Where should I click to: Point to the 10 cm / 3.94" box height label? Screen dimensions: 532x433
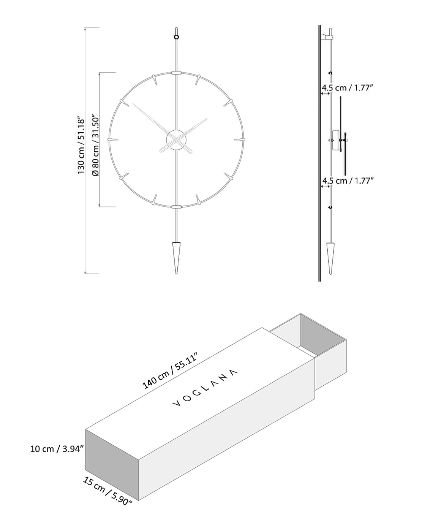click(57, 449)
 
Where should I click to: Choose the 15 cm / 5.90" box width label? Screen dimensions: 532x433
click(107, 491)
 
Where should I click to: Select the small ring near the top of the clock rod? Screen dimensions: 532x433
click(176, 37)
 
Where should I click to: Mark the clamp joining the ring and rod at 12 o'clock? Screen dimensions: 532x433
click(176, 72)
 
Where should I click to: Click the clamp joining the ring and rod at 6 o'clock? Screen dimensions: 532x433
click(176, 207)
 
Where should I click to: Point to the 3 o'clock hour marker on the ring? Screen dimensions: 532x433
click(239, 139)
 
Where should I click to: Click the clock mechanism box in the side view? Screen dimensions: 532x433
click(336, 140)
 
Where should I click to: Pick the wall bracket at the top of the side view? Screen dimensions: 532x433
click(326, 37)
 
